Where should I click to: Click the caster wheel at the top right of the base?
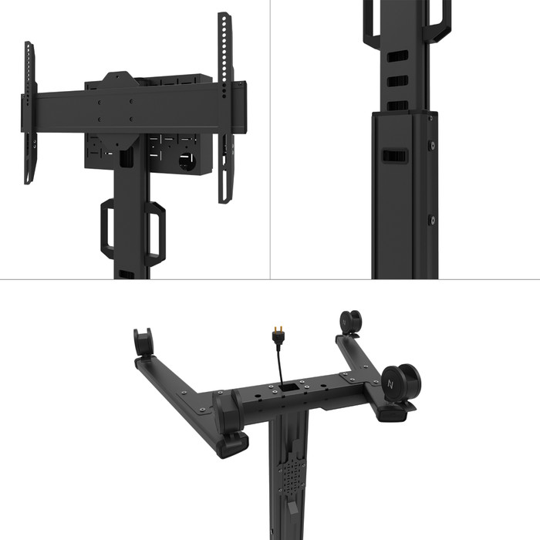(349, 322)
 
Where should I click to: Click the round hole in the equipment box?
(187, 163)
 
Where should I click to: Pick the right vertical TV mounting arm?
(224, 108)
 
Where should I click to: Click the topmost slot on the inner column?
(396, 55)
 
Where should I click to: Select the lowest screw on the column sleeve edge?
(431, 220)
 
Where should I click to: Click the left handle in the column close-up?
(368, 19)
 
